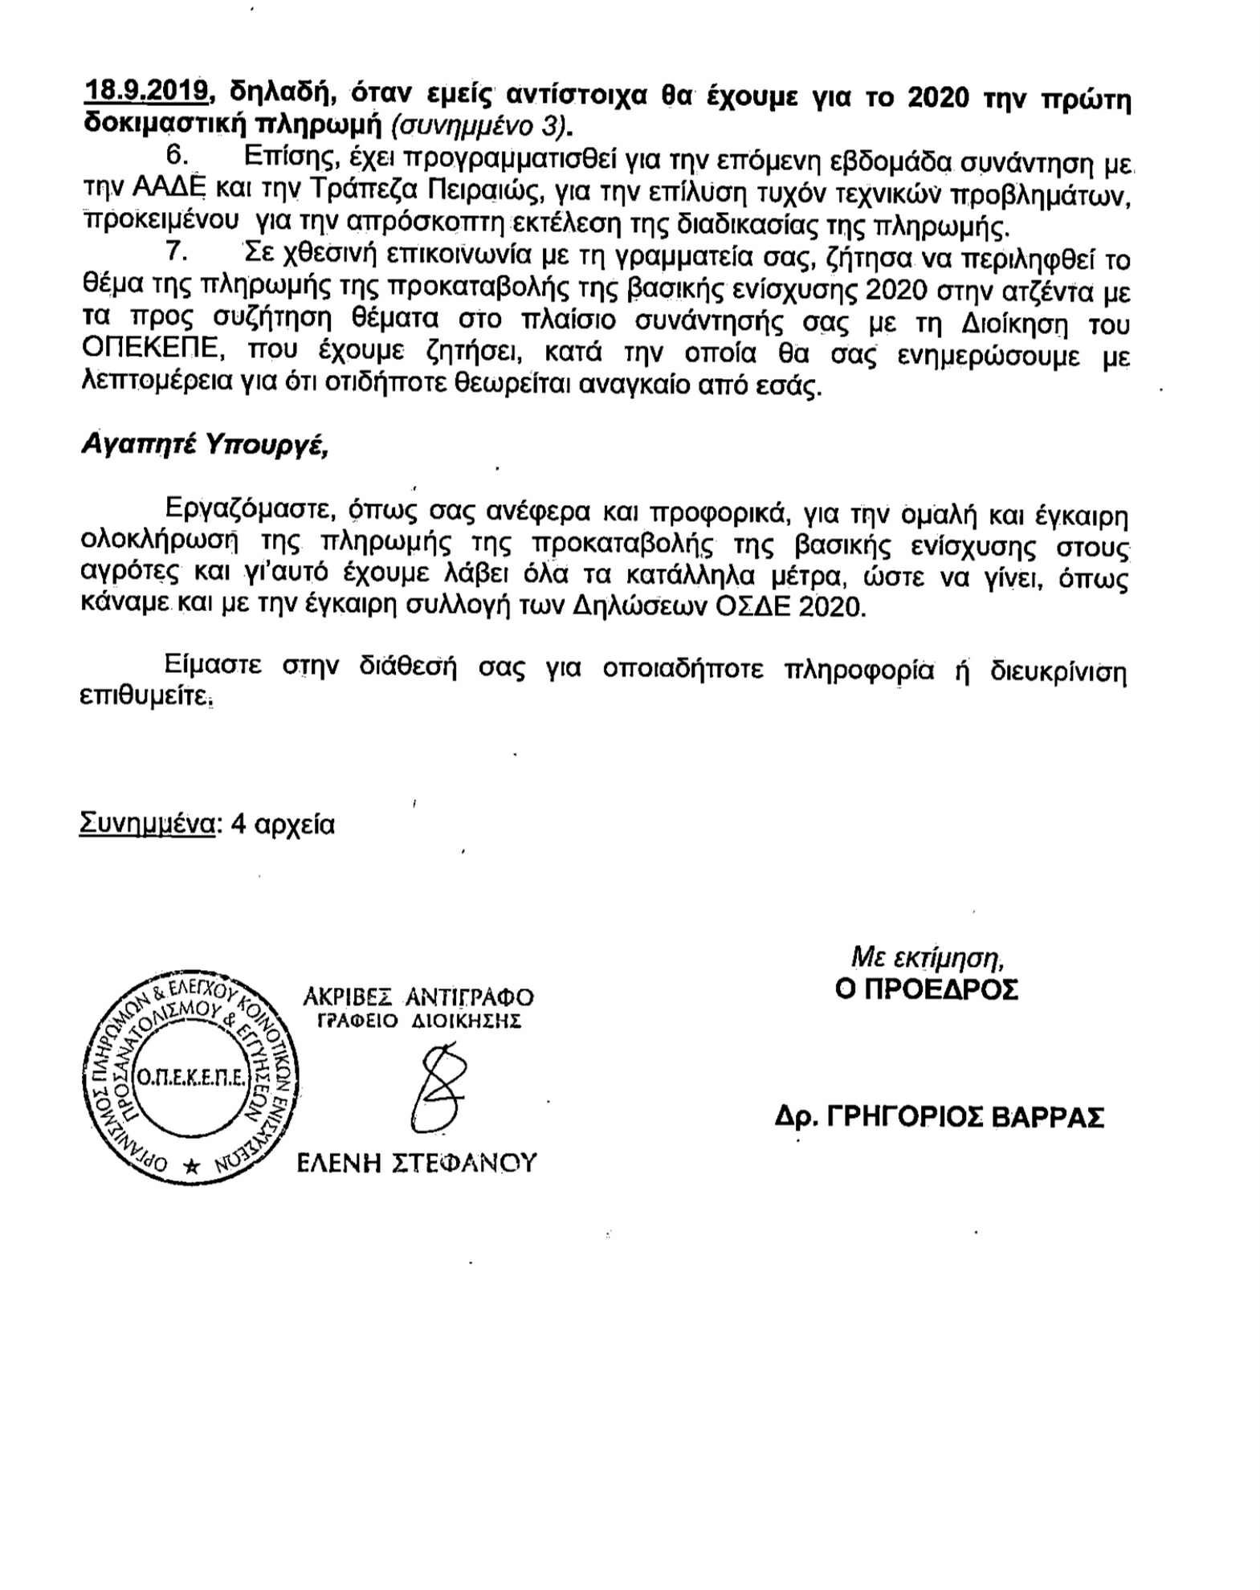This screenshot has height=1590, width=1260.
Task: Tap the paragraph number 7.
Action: pyautogui.click(x=176, y=252)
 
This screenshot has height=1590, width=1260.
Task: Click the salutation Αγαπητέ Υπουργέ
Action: pyautogui.click(x=205, y=445)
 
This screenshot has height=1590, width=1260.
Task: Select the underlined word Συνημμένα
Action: pyautogui.click(x=147, y=825)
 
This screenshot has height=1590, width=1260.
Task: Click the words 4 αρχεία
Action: pyautogui.click(x=282, y=825)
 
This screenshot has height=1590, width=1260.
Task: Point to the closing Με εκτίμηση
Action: pyautogui.click(x=928, y=956)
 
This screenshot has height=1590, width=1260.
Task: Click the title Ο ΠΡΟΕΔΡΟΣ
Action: pyautogui.click(x=927, y=989)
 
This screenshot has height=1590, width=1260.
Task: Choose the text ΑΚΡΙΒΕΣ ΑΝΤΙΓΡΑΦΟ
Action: pyautogui.click(x=418, y=997)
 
